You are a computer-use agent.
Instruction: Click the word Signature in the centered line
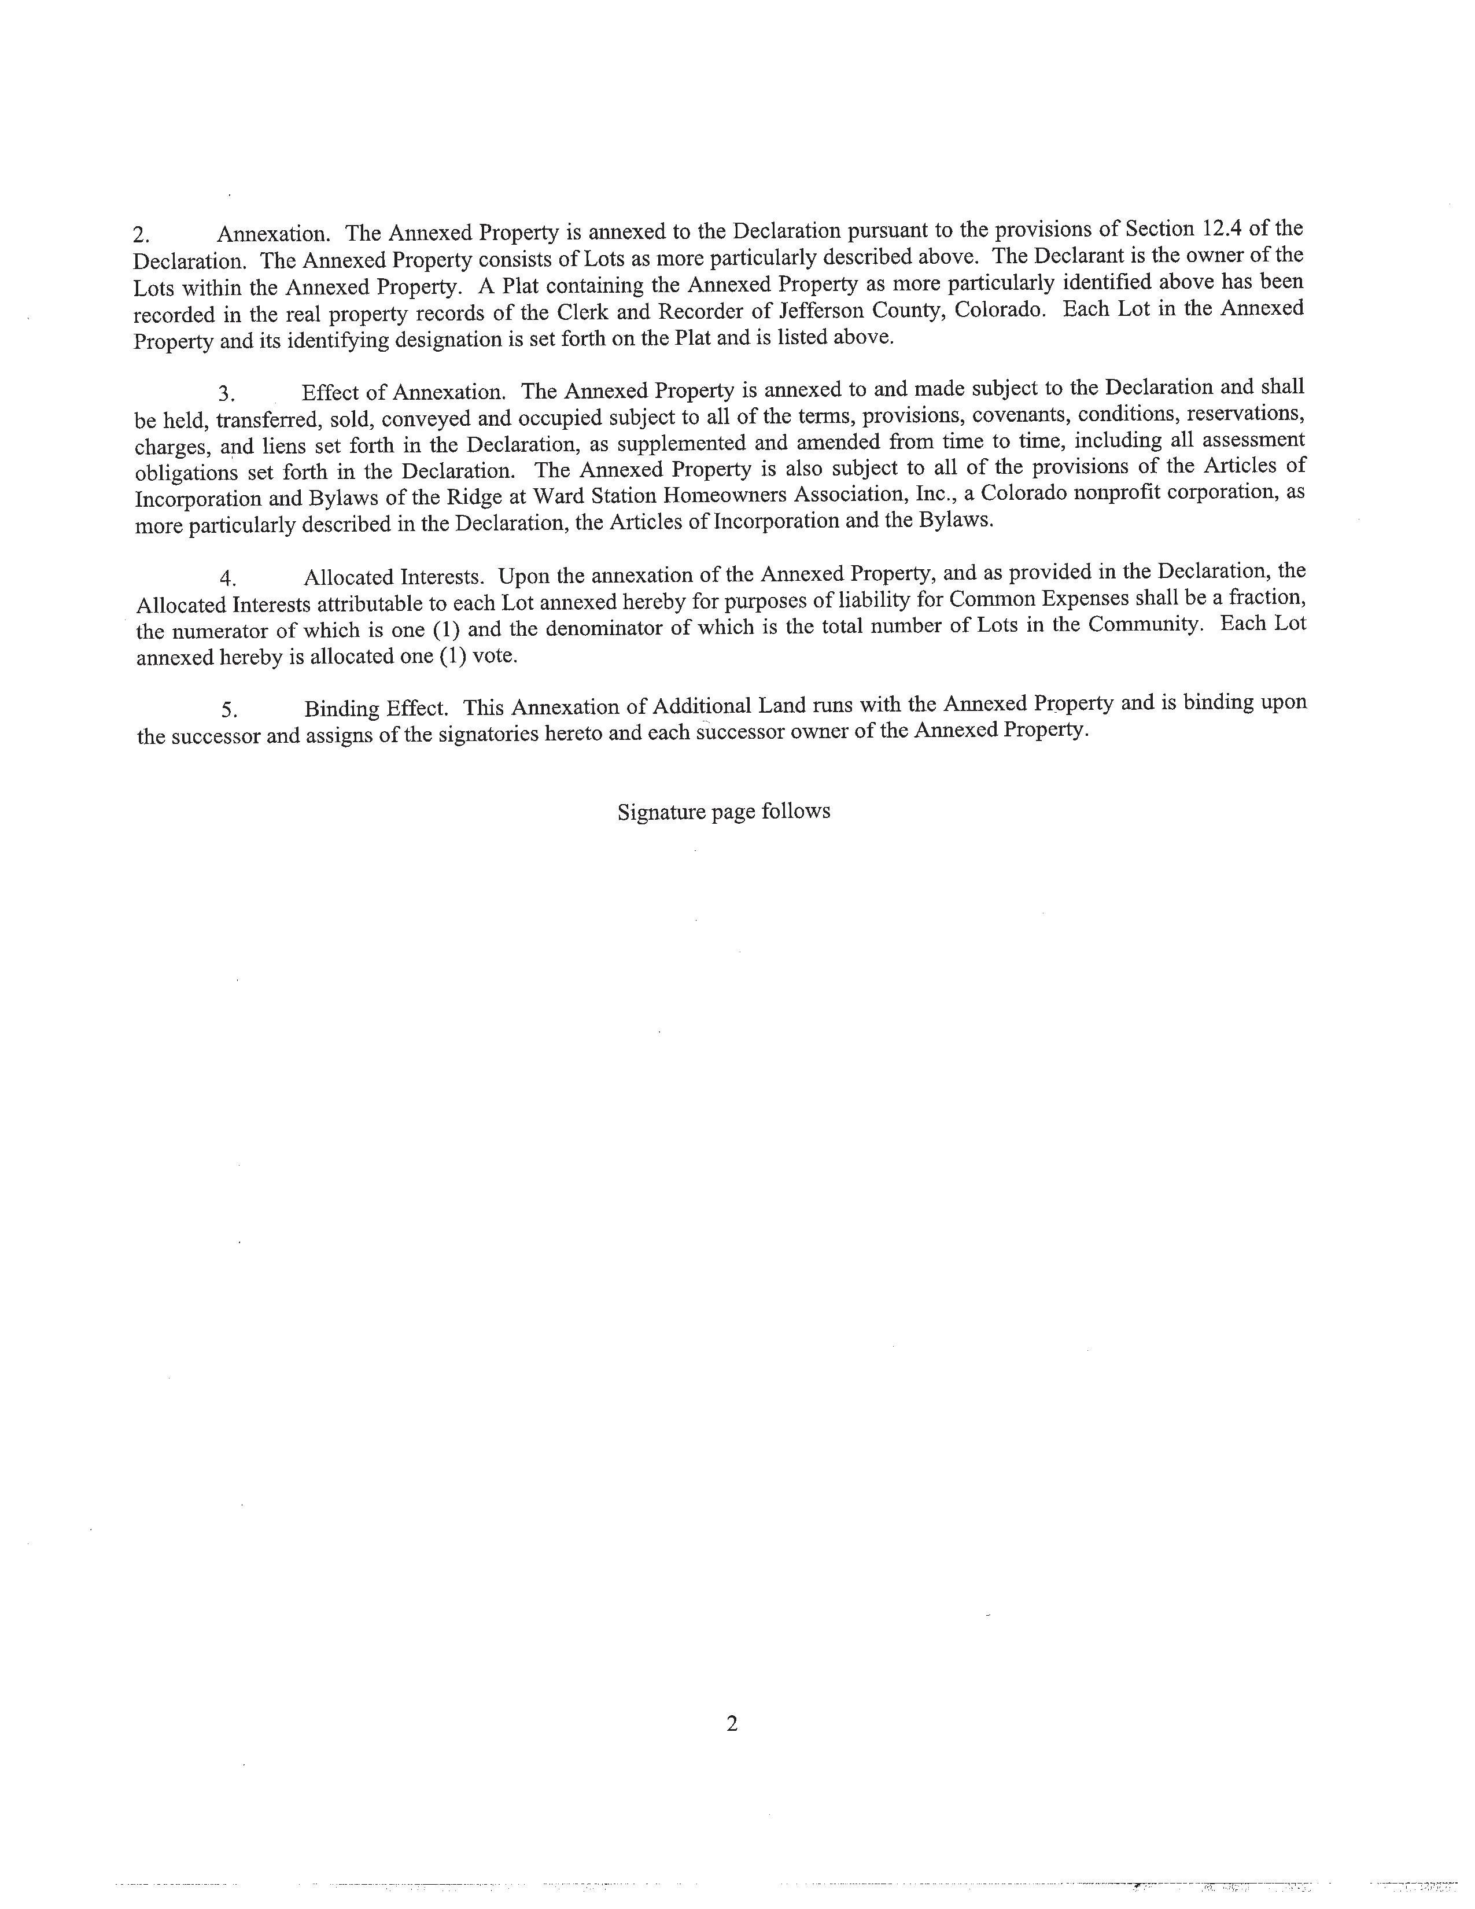point(661,812)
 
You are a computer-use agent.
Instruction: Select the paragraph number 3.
point(226,394)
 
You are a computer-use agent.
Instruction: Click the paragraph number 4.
point(228,578)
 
